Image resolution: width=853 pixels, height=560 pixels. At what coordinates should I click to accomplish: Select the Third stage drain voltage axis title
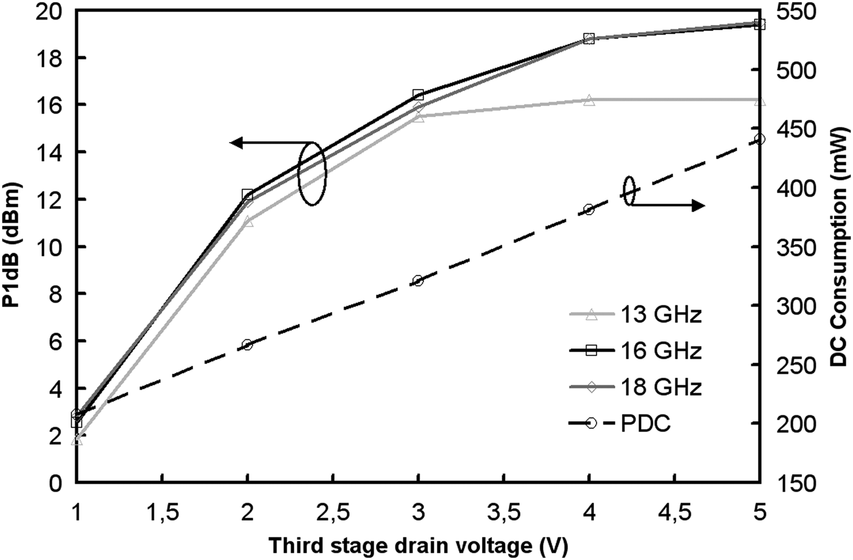pos(417,544)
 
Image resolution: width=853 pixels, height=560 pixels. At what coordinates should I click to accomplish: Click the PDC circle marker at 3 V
pos(418,281)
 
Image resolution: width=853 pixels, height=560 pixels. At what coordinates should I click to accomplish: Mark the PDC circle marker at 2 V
pos(247,345)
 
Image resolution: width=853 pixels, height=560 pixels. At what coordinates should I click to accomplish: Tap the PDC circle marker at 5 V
pos(759,139)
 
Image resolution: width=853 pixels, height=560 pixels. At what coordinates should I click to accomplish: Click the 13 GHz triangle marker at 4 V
pos(589,100)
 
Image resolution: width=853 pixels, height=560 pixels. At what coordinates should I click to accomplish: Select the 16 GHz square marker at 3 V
pos(418,95)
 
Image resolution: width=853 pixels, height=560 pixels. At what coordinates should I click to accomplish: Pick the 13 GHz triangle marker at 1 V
pos(77,439)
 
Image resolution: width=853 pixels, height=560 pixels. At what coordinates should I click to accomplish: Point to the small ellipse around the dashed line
pos(630,191)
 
